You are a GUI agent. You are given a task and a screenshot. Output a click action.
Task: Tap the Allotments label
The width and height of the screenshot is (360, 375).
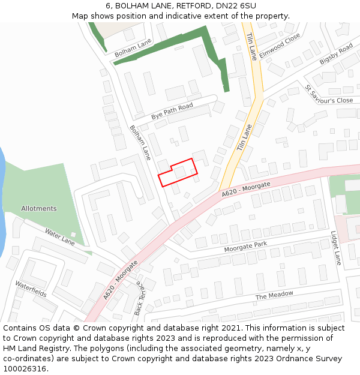tap(39, 209)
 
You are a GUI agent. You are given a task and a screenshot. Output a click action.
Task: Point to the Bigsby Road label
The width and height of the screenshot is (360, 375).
tap(336, 54)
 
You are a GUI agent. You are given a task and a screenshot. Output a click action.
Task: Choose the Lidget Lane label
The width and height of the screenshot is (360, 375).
tap(336, 248)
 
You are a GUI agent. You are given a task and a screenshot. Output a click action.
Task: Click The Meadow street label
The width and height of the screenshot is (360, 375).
tap(274, 295)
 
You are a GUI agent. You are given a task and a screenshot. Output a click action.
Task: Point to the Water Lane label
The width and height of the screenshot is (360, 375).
tap(59, 236)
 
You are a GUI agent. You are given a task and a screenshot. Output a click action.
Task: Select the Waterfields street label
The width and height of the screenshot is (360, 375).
tap(31, 289)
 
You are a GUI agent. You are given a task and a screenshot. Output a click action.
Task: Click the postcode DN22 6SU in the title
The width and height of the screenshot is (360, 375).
tap(239, 6)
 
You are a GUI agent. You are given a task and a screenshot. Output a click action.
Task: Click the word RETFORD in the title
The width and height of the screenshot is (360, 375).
tap(194, 6)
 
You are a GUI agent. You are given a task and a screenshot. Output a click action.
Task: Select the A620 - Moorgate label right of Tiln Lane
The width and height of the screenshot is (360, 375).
tap(246, 189)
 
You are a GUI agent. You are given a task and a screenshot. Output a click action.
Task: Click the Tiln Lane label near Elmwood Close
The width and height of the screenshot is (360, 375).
tap(251, 46)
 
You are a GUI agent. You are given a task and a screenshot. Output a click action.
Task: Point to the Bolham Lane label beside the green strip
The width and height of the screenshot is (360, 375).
tap(133, 48)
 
